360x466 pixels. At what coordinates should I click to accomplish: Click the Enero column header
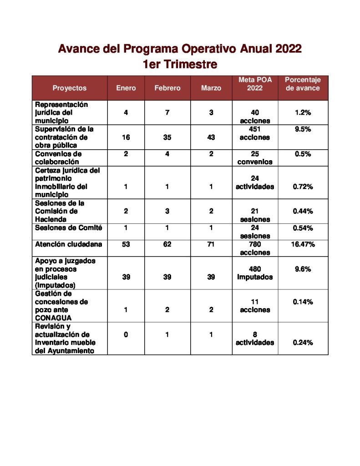(x=126, y=88)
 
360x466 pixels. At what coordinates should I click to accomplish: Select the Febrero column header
(x=167, y=88)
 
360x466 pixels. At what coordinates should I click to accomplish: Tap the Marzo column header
(x=211, y=88)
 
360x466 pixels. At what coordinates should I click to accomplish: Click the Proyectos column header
(x=69, y=88)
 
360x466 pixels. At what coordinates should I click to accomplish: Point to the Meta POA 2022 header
(x=255, y=84)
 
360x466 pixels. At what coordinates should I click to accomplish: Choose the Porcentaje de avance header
(x=303, y=84)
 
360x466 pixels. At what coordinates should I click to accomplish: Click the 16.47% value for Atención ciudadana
(x=303, y=244)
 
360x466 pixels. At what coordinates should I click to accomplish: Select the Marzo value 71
(x=211, y=244)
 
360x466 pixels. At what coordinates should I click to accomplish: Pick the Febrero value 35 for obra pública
(x=167, y=137)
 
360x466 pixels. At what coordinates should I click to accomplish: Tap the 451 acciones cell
(x=255, y=133)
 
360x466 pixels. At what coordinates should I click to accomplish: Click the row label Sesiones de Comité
(x=69, y=228)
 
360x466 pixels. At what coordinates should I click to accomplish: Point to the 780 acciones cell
(x=255, y=248)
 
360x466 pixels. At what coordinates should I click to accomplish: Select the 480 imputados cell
(x=255, y=273)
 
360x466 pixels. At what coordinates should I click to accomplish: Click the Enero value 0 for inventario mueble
(x=126, y=334)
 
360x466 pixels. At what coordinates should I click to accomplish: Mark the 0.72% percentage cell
(x=303, y=187)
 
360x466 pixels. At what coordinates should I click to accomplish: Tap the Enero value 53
(x=126, y=244)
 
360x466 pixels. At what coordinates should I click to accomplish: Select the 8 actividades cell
(x=255, y=339)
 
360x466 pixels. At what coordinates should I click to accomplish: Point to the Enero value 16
(x=126, y=137)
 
